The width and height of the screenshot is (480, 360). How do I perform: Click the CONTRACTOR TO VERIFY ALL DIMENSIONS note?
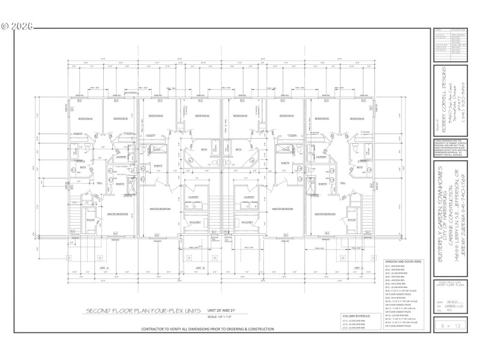(x=208, y=329)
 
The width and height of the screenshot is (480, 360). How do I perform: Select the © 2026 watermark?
(x=17, y=26)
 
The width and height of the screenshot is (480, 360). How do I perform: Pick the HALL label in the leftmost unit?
(x=100, y=183)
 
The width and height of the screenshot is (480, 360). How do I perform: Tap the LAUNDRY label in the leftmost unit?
(x=121, y=157)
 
